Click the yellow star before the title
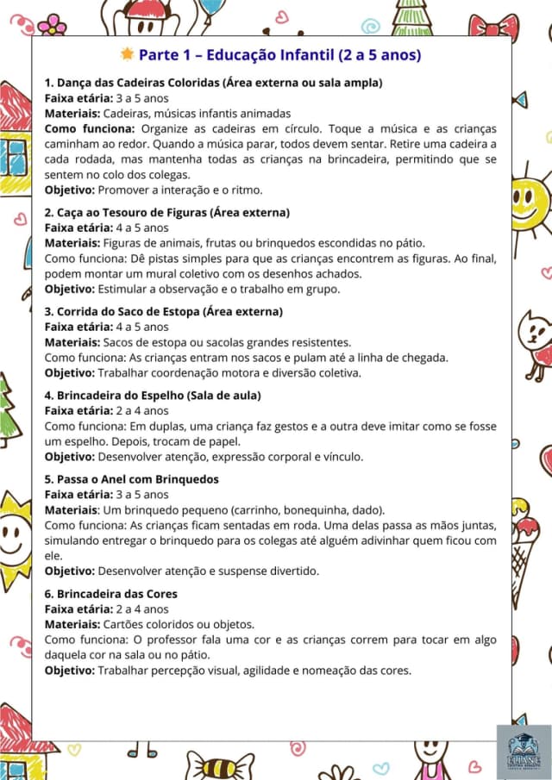(x=128, y=54)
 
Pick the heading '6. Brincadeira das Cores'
(x=111, y=594)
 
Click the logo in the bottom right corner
(x=523, y=751)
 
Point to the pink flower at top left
(x=53, y=23)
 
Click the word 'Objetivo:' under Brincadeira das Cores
(x=70, y=670)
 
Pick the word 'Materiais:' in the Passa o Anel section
(x=72, y=509)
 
